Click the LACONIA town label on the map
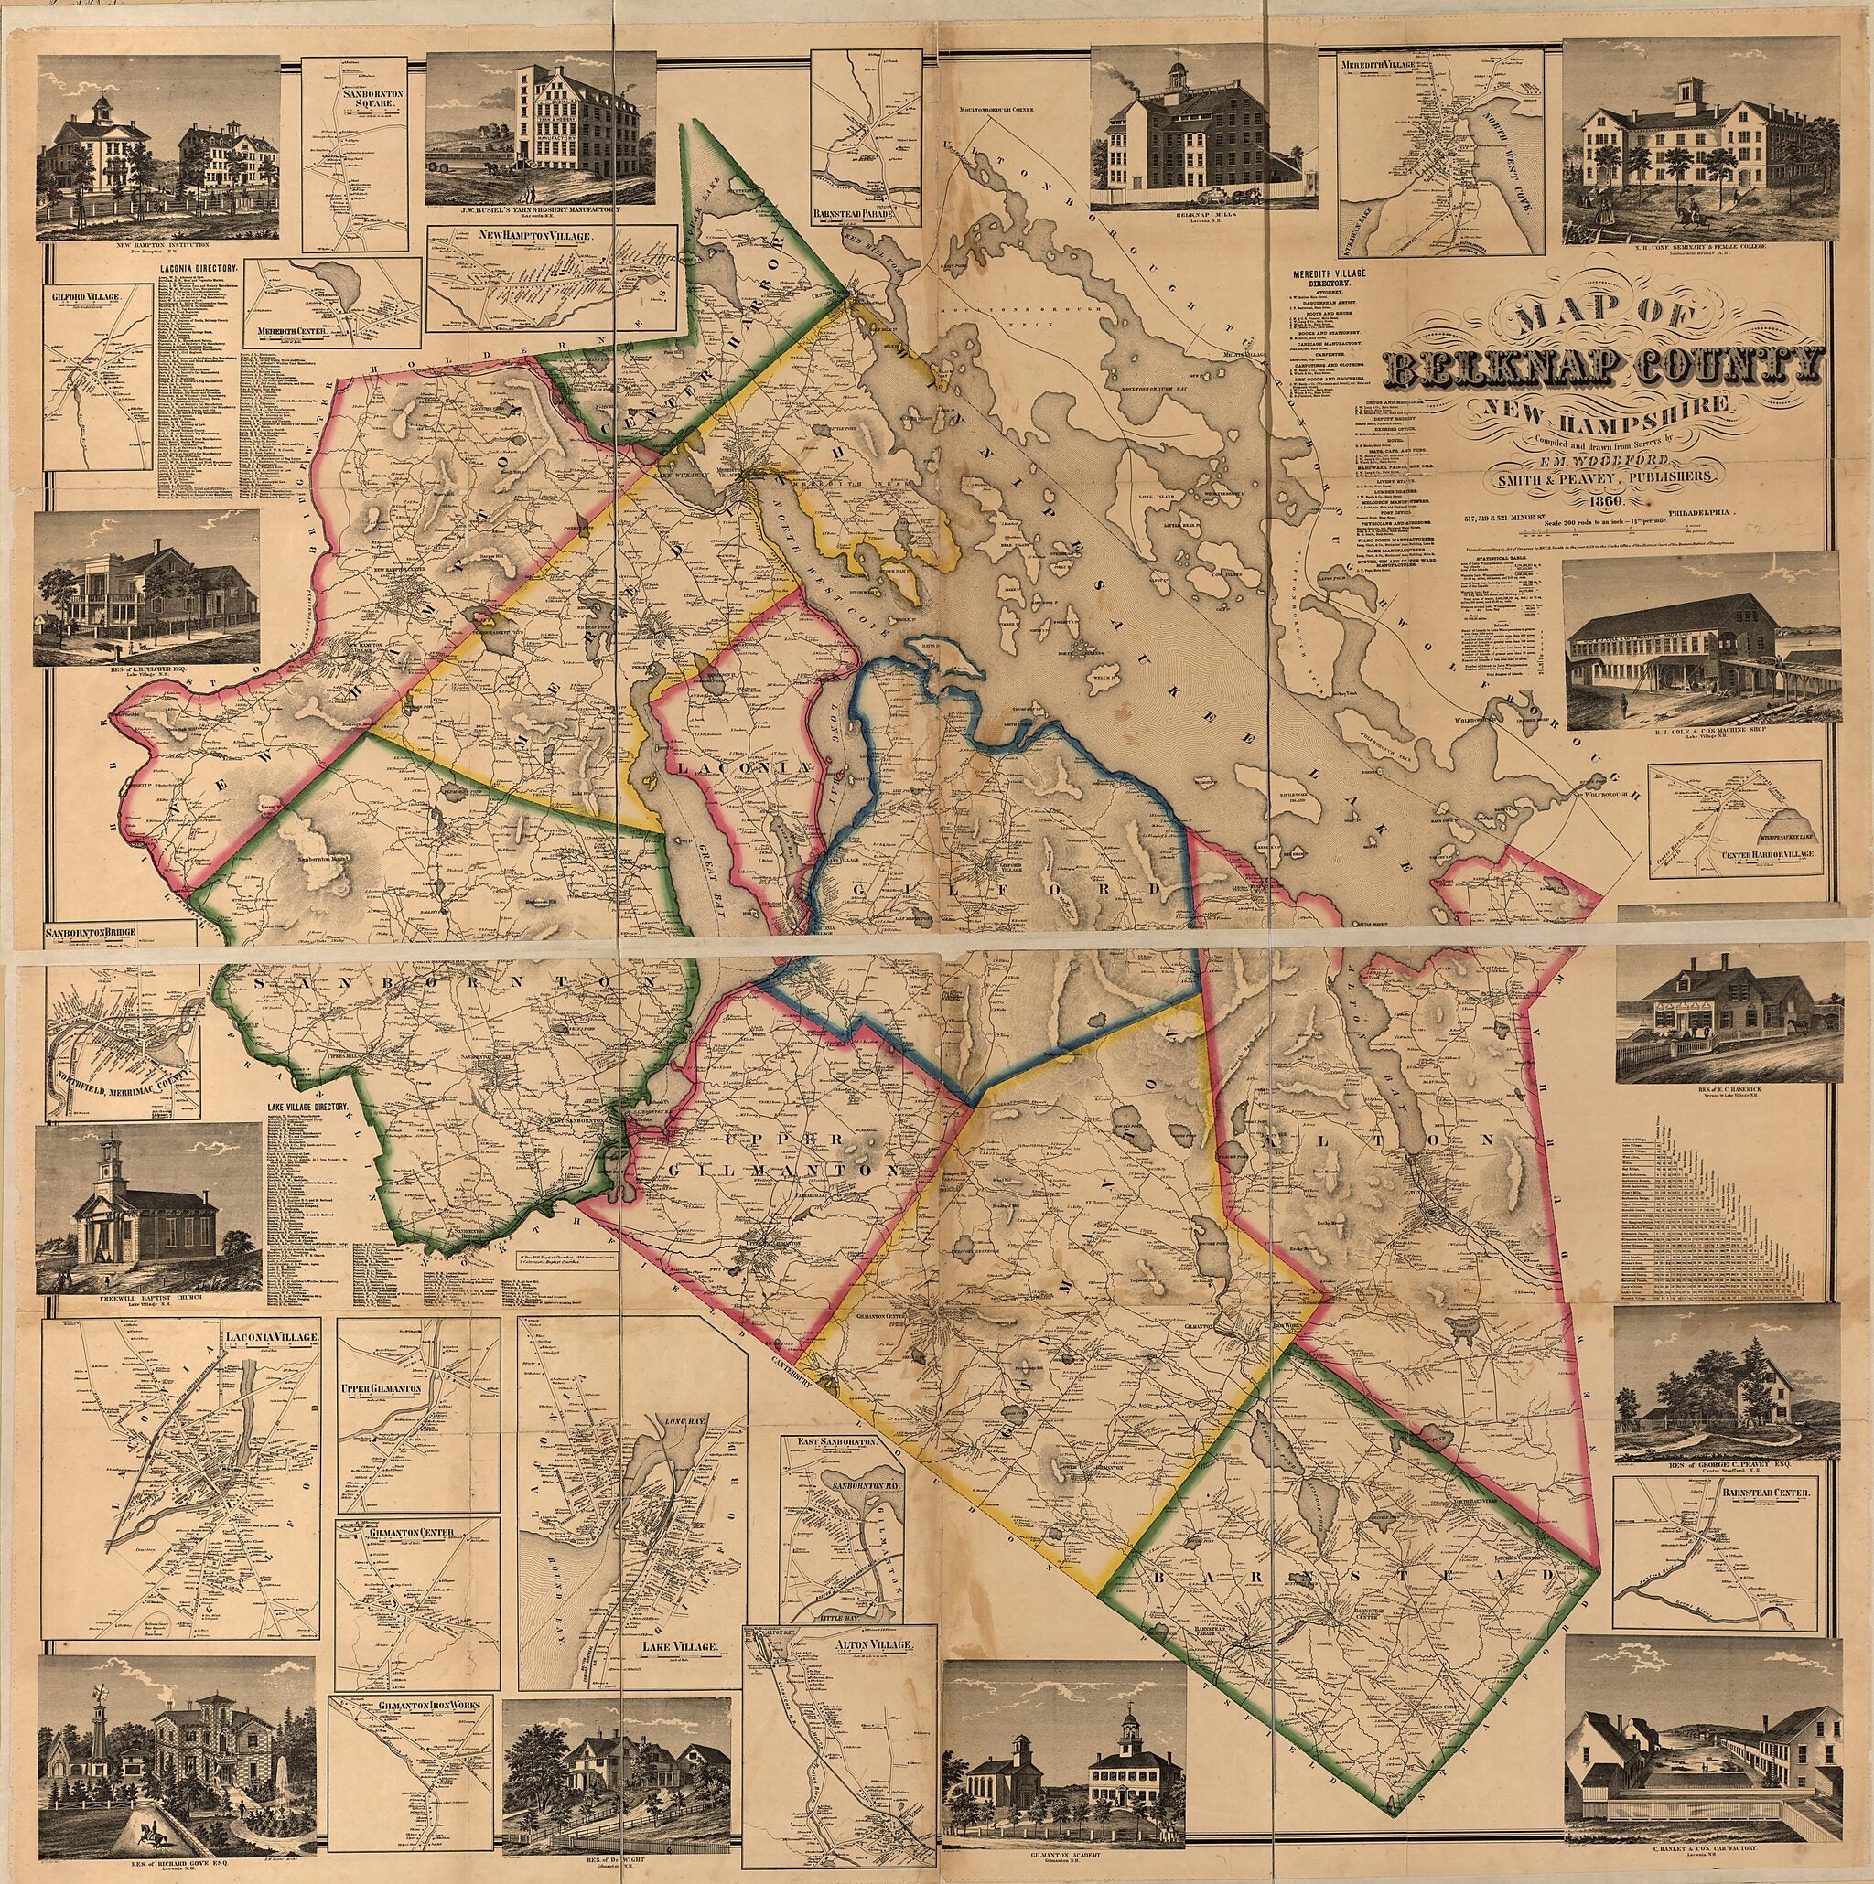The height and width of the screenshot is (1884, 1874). tap(741, 768)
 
